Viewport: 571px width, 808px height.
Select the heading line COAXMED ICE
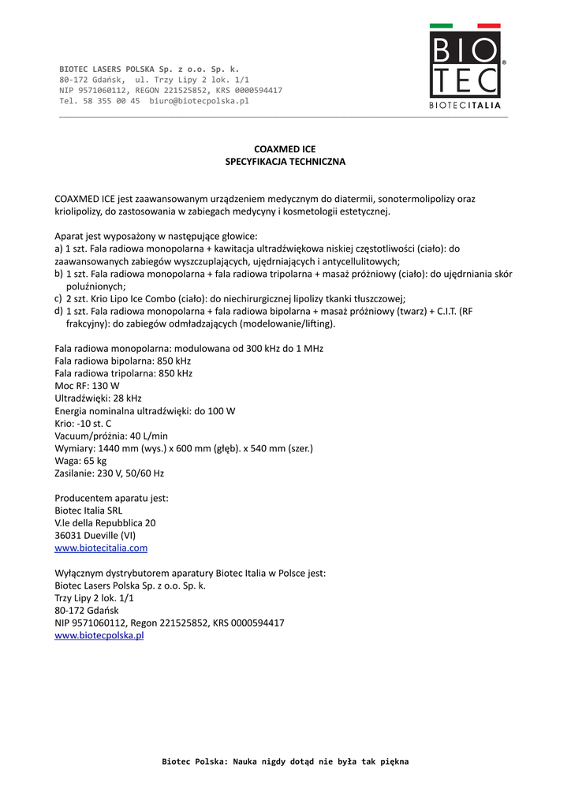tap(285, 148)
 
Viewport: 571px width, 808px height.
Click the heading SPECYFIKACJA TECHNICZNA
tap(285, 162)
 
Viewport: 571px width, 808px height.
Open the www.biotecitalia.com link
tap(101, 548)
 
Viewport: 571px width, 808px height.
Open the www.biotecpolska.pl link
tap(99, 636)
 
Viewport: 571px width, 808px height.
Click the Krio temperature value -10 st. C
tap(95, 424)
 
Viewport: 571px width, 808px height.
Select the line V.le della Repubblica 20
tap(105, 522)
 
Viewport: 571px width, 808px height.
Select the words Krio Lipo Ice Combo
tap(138, 299)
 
